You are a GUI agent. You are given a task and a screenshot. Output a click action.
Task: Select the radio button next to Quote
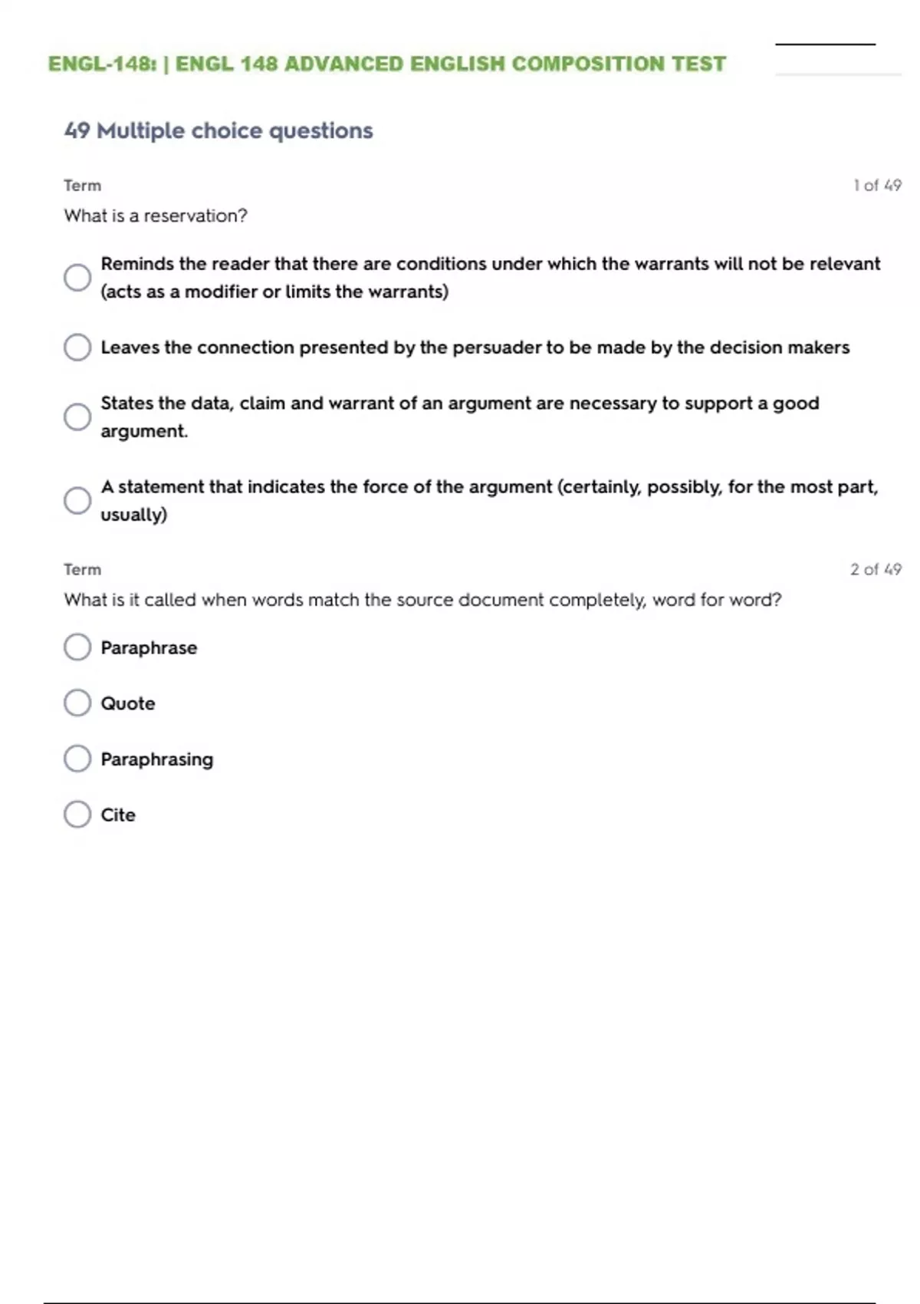77,703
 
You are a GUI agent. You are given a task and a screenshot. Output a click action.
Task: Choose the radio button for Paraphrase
77,647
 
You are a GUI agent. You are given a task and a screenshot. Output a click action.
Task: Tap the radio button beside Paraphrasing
77,759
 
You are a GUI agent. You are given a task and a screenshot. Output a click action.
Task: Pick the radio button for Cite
77,814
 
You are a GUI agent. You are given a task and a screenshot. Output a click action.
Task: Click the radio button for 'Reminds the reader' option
77,277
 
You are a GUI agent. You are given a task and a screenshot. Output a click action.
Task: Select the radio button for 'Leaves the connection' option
77,347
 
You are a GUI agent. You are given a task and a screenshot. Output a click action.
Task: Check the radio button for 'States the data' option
77,417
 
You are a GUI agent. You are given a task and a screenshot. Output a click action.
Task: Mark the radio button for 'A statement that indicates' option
77,500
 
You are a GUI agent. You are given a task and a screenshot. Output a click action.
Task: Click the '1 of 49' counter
877,186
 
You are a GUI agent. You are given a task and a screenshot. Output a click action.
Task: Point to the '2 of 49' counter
876,569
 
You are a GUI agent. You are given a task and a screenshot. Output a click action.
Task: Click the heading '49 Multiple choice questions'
219,130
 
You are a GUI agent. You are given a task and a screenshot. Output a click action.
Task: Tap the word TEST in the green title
698,64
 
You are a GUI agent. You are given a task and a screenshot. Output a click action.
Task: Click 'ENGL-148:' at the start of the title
103,64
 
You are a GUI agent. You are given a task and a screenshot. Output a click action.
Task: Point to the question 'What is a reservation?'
156,216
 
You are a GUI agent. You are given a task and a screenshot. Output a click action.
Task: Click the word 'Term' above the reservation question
82,186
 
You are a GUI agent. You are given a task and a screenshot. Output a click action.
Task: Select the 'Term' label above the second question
82,569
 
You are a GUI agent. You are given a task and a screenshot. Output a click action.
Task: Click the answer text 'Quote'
128,703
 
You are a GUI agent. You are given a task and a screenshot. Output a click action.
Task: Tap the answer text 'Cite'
118,815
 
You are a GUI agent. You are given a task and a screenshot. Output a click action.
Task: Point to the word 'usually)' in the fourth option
133,515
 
